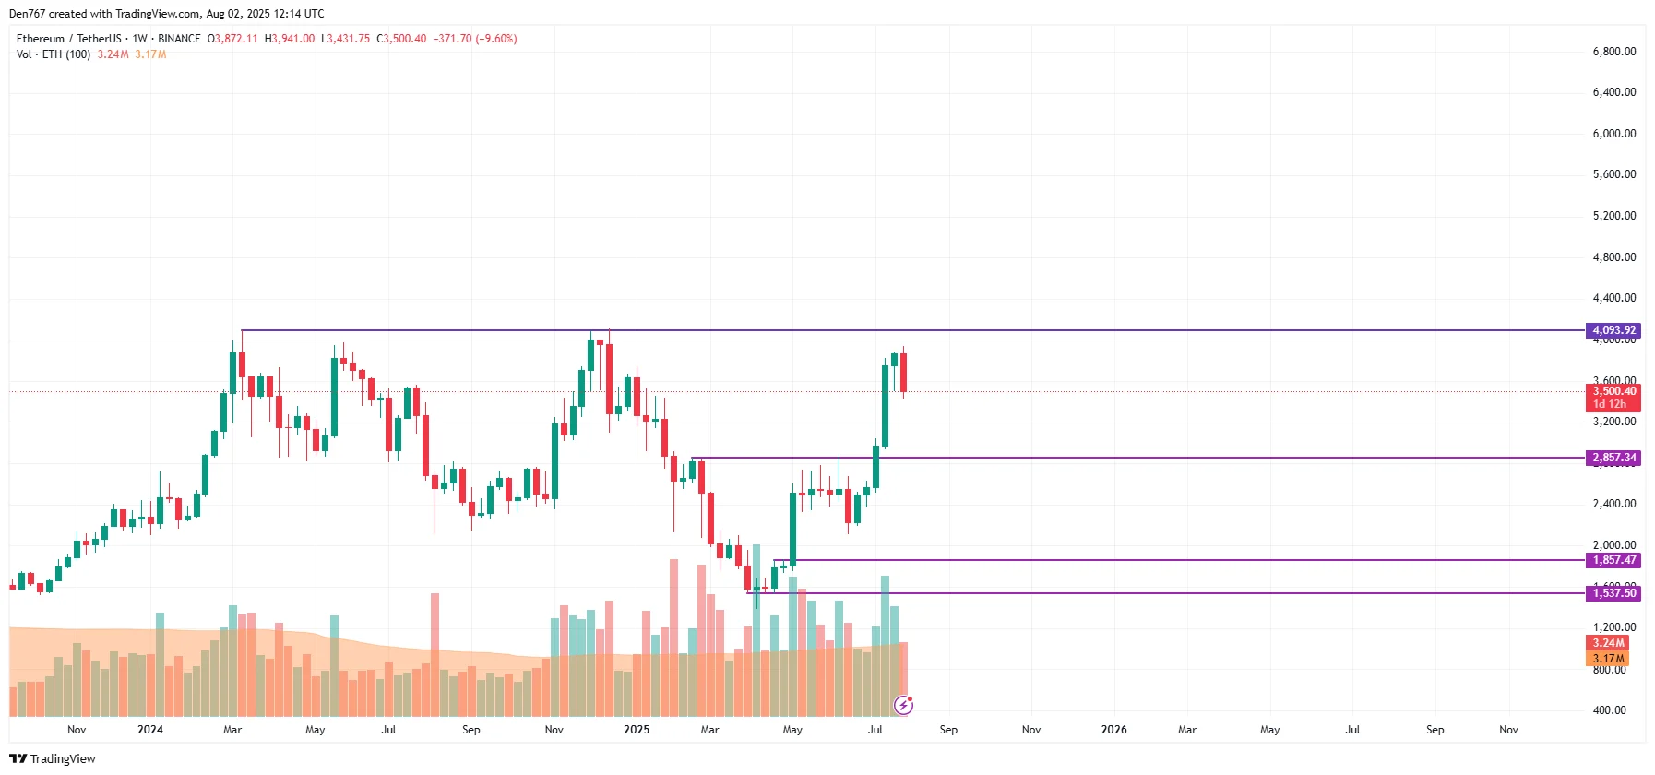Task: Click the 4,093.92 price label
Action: [x=1613, y=330]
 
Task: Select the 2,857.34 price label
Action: [x=1613, y=458]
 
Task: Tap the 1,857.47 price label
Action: [x=1613, y=560]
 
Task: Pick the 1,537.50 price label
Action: [x=1613, y=593]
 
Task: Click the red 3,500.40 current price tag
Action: [x=1613, y=391]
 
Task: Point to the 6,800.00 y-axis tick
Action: [x=1613, y=52]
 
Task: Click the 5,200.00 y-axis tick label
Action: [x=1613, y=216]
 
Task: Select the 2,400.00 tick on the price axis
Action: [x=1613, y=504]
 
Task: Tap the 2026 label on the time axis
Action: [x=1113, y=730]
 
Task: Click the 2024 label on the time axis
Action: [x=149, y=730]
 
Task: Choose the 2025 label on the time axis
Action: [x=636, y=730]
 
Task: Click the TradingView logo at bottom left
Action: [x=53, y=758]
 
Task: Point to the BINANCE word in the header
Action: [x=179, y=39]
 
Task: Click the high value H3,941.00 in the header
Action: [x=290, y=39]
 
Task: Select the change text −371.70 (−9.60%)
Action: [x=475, y=39]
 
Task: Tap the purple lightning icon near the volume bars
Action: [x=904, y=706]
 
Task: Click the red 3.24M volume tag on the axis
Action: [x=1608, y=643]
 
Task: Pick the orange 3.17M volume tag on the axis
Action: [x=1608, y=659]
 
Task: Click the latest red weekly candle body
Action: [x=903, y=372]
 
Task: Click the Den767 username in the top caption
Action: [x=27, y=14]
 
